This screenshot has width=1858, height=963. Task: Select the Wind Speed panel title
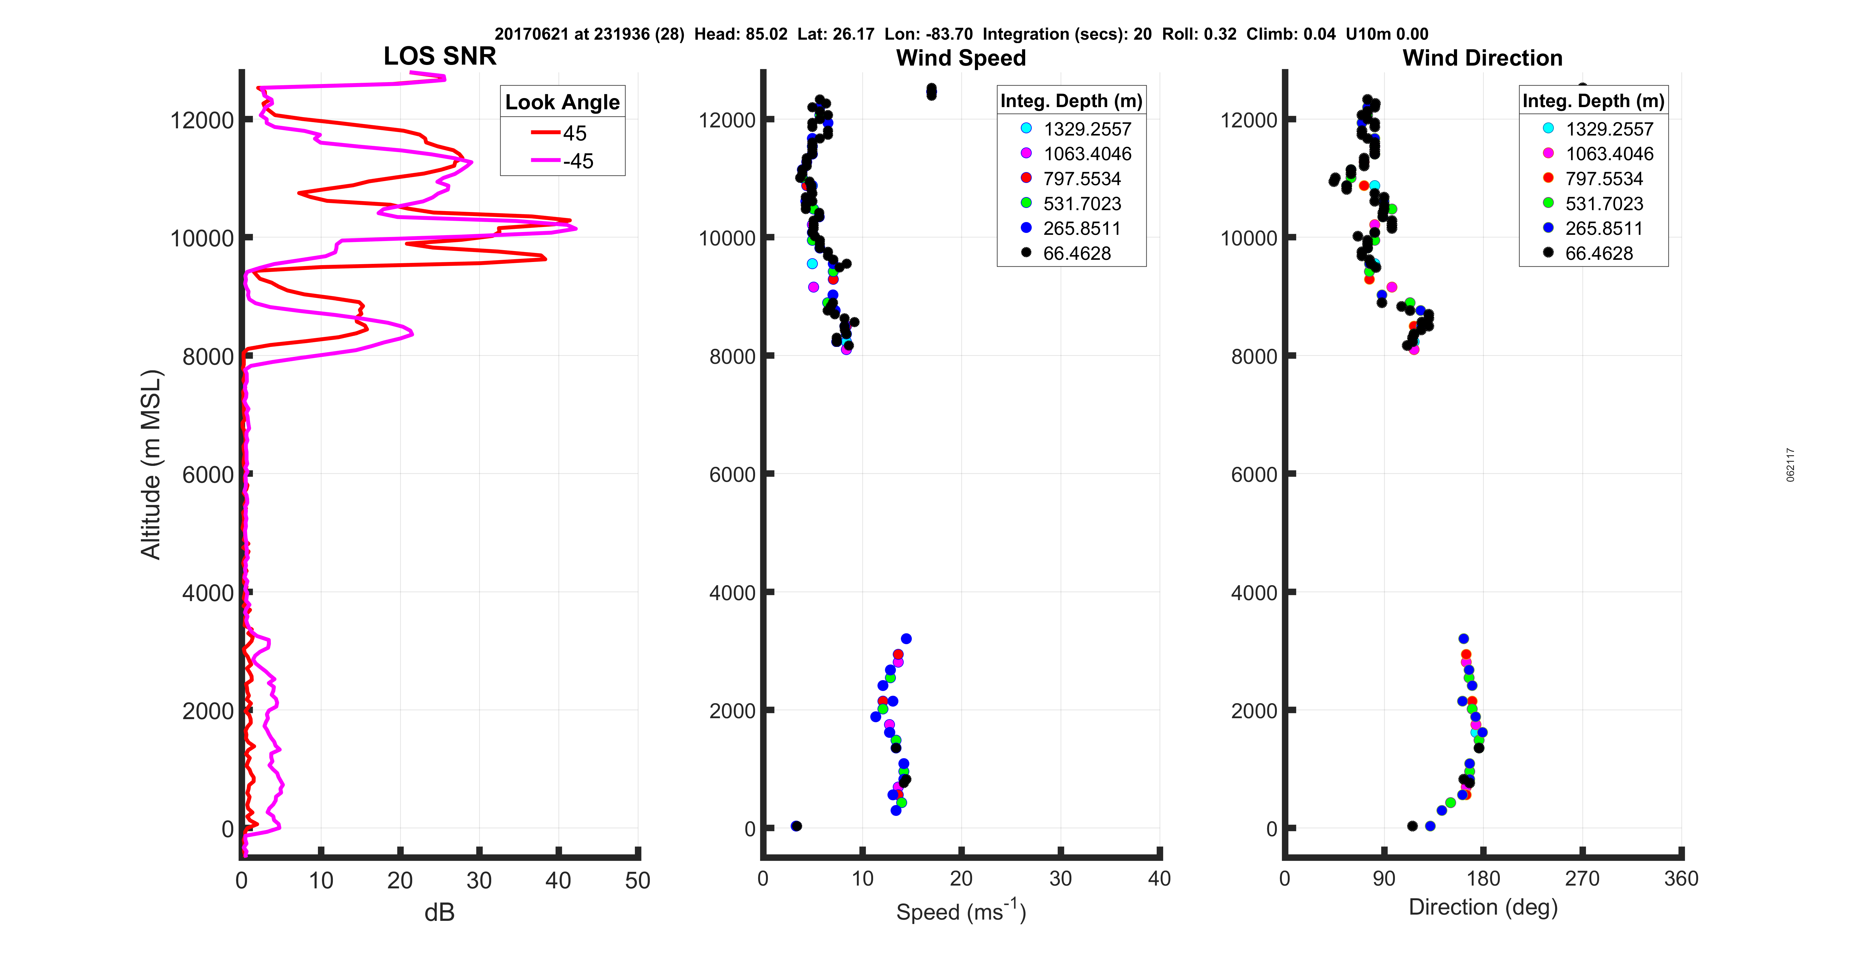[961, 58]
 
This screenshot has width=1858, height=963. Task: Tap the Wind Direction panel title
[1482, 58]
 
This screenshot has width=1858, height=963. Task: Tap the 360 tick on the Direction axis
[1681, 879]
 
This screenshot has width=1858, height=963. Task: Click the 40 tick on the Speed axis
[1159, 879]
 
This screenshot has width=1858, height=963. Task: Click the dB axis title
[439, 912]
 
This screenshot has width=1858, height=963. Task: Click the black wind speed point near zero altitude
[796, 826]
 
